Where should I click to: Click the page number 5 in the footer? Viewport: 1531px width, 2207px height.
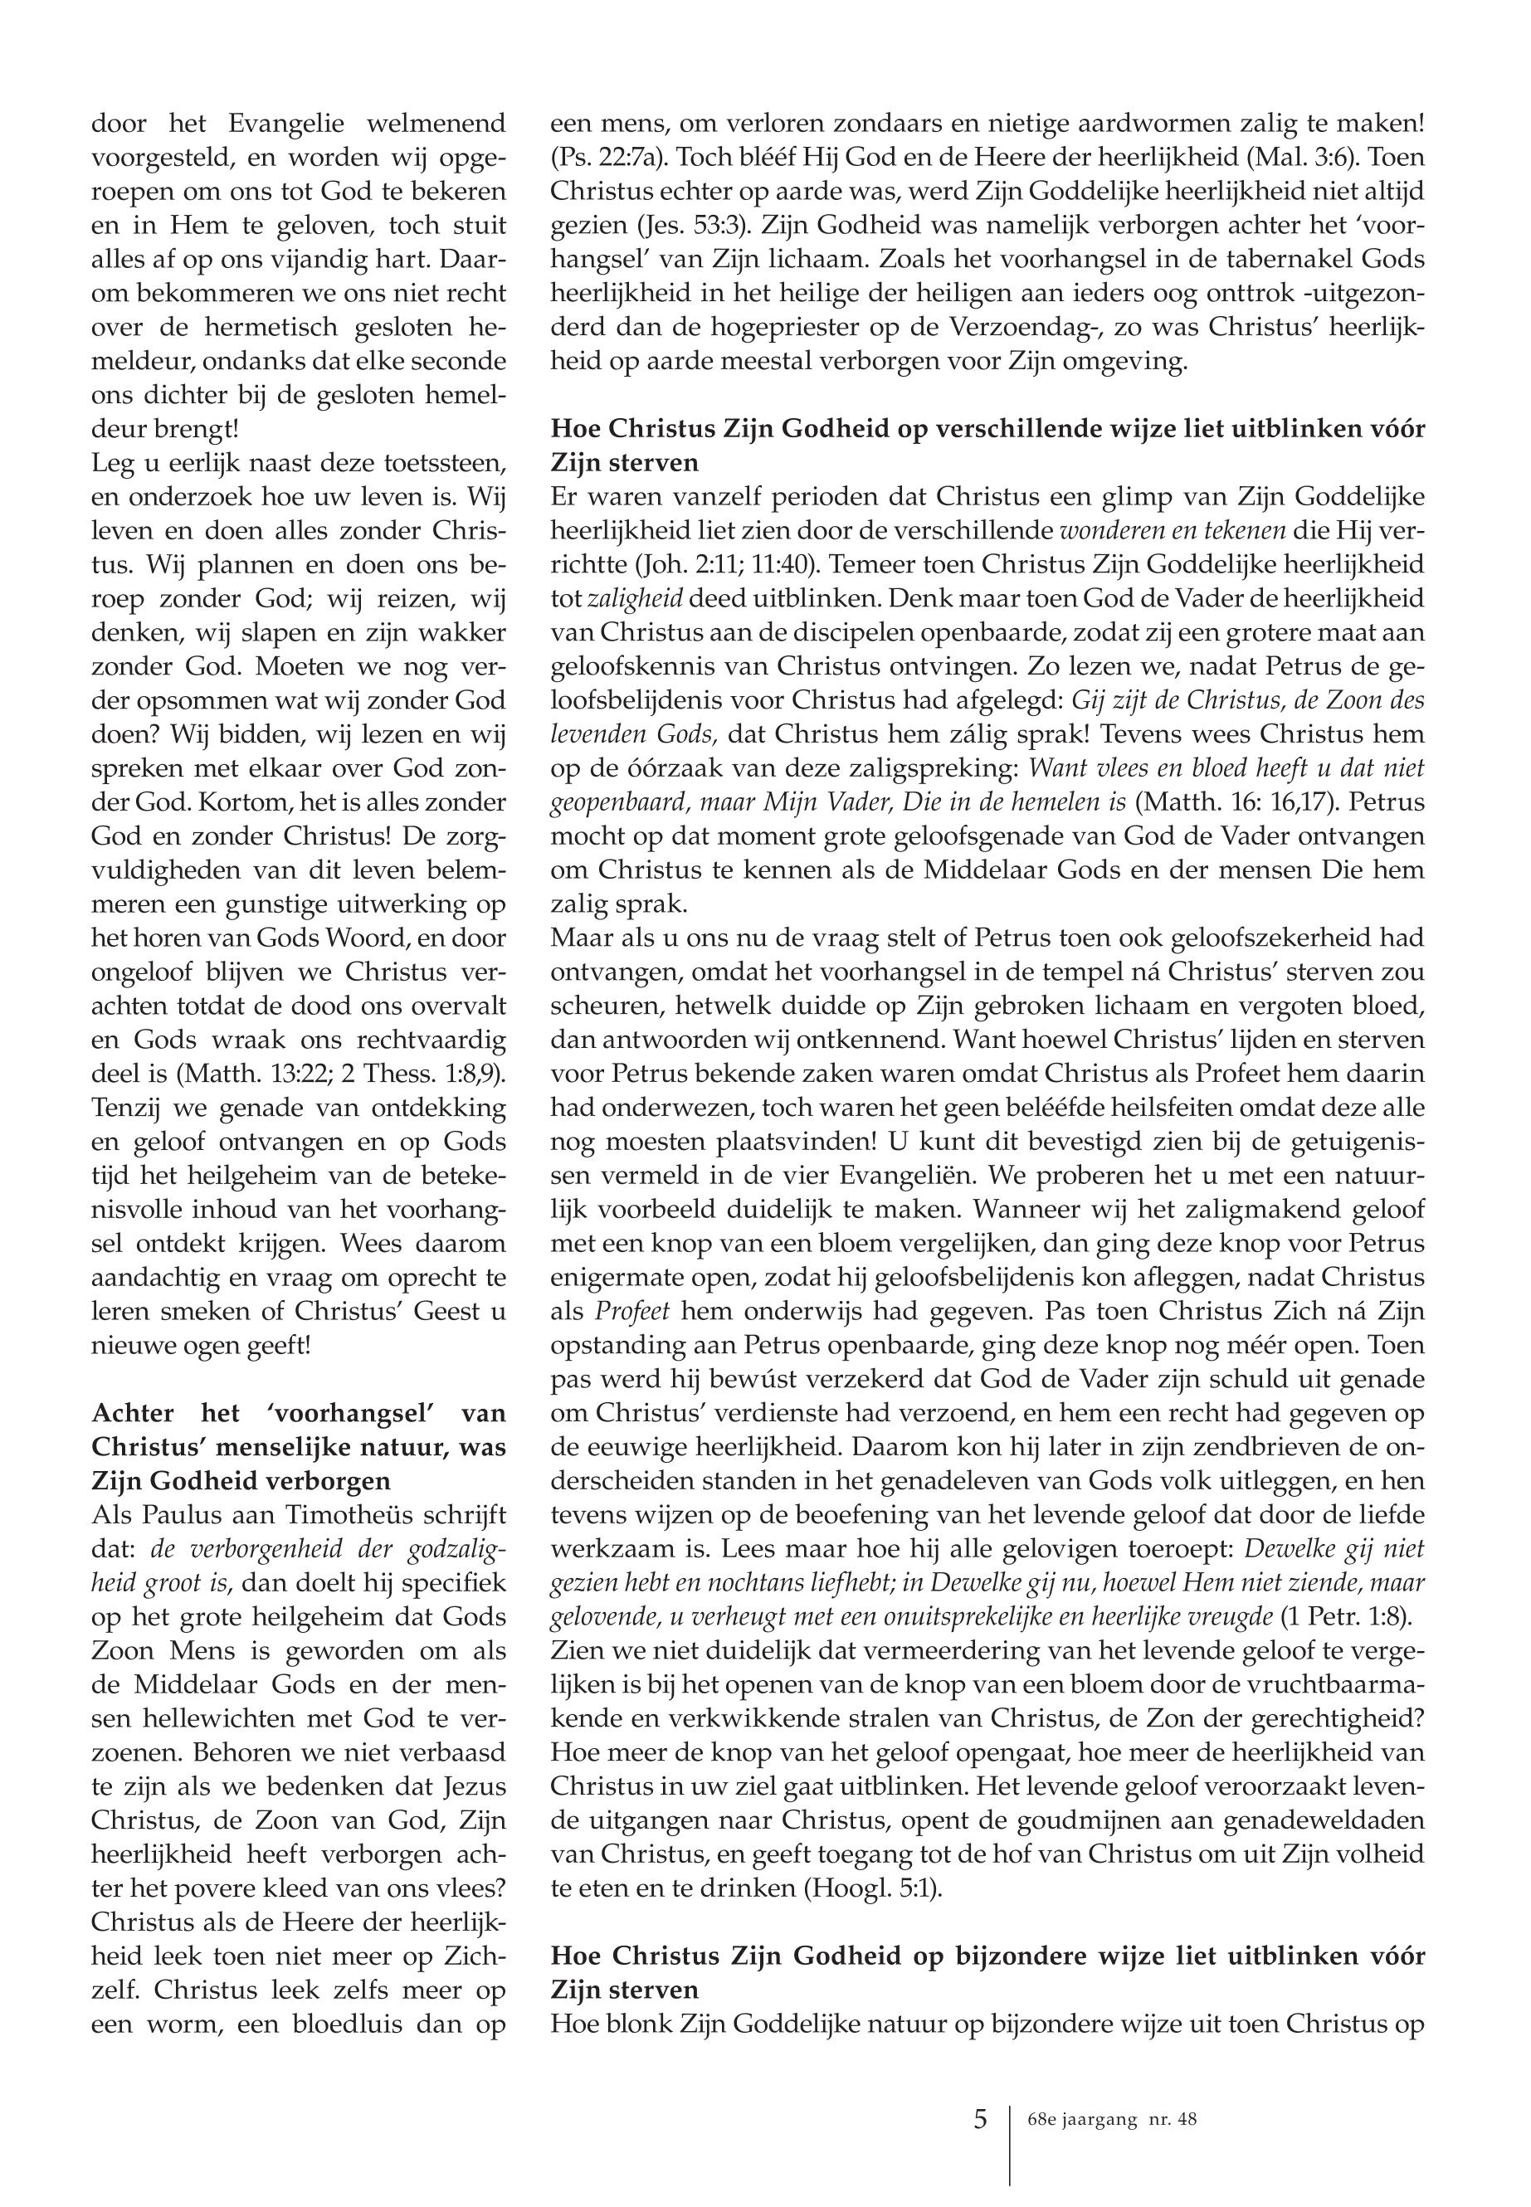point(979,2119)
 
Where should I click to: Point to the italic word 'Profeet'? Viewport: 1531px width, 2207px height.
point(627,1311)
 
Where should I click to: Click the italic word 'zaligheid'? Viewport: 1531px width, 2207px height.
point(633,598)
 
